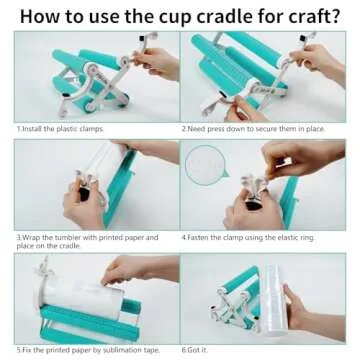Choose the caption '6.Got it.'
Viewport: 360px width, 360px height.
[197, 350]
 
